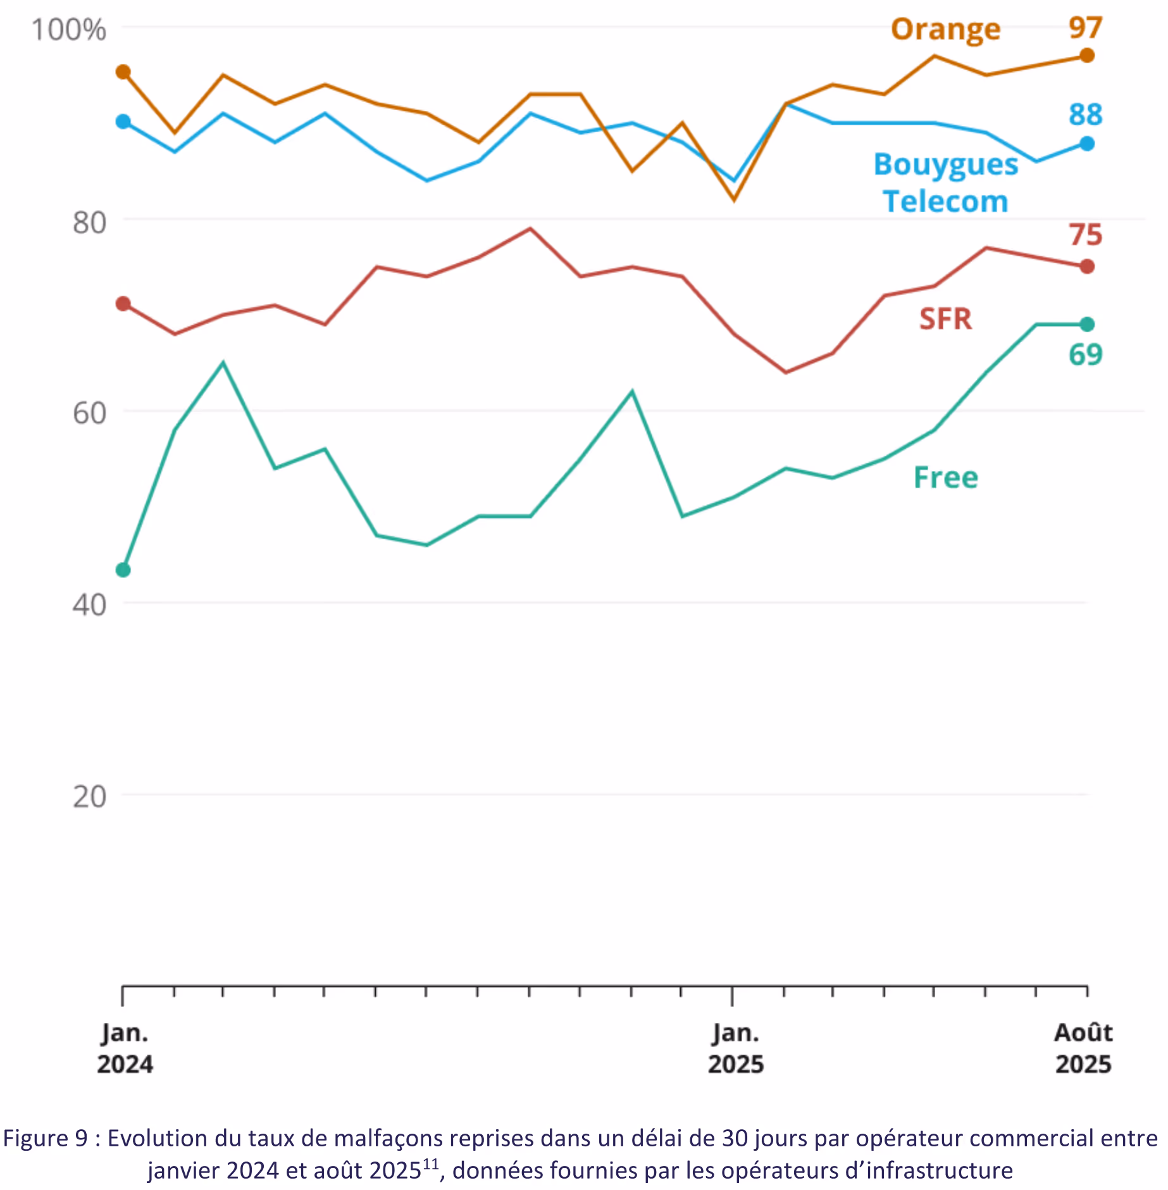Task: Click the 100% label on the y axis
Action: pos(68,30)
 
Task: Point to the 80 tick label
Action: pos(89,223)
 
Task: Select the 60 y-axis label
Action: pos(89,414)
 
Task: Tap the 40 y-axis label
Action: pos(89,605)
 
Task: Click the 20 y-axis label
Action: pos(89,796)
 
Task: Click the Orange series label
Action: pos(945,30)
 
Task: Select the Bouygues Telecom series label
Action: pos(945,182)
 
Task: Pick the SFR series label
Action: pos(945,318)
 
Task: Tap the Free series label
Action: pos(945,477)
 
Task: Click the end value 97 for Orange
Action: pos(1086,28)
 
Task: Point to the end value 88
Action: pos(1086,115)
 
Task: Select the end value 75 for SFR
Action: pos(1086,235)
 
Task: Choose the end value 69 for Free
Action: pos(1086,354)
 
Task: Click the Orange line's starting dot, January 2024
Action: pos(123,72)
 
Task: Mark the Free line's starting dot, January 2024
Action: pos(123,570)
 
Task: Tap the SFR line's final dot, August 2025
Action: pos(1087,266)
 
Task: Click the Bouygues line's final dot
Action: pos(1087,144)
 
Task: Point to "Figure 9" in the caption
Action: pos(45,1139)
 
